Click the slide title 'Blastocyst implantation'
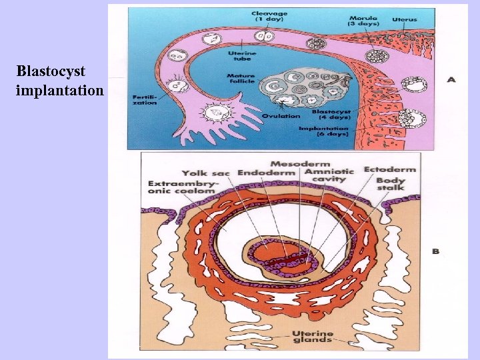click(x=59, y=80)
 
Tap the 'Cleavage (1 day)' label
click(x=269, y=16)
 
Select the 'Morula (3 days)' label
click(x=364, y=20)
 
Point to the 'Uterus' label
click(x=405, y=20)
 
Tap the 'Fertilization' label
click(x=144, y=99)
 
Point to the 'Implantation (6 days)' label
click(x=323, y=131)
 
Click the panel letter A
click(x=451, y=79)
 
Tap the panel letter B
click(x=436, y=251)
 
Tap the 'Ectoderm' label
click(x=389, y=169)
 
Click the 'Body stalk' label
click(x=391, y=185)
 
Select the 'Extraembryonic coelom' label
click(x=181, y=187)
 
